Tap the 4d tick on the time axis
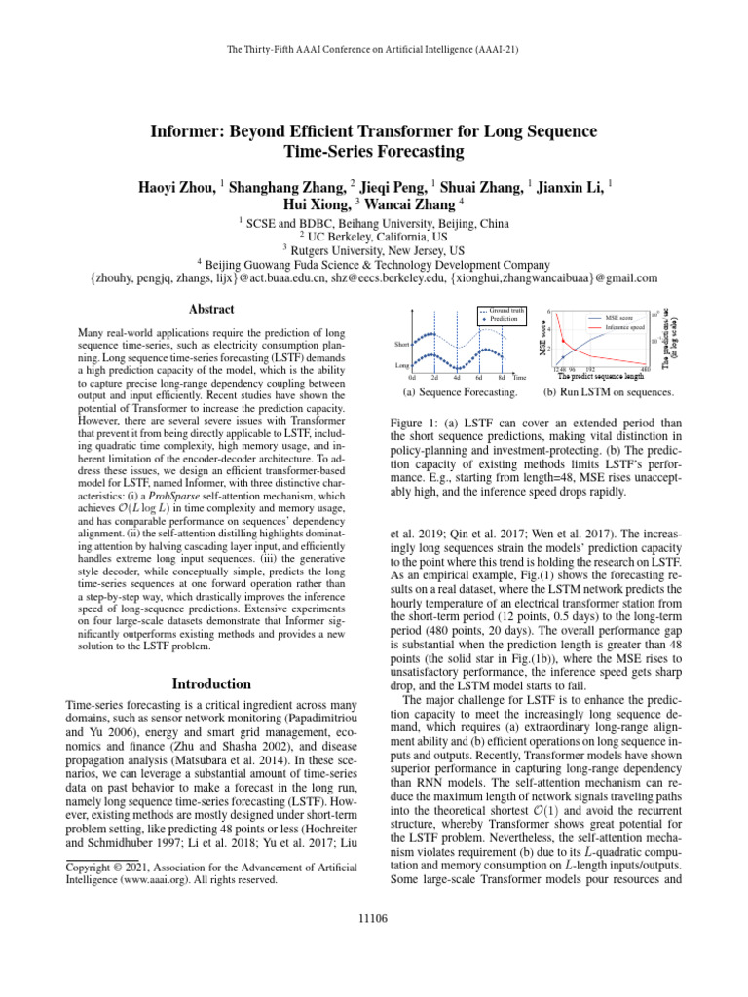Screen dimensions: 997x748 coord(457,377)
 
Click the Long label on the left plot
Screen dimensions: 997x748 coord(401,365)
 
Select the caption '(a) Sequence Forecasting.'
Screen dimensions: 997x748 coord(460,393)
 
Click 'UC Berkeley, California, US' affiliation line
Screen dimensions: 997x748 coord(373,236)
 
